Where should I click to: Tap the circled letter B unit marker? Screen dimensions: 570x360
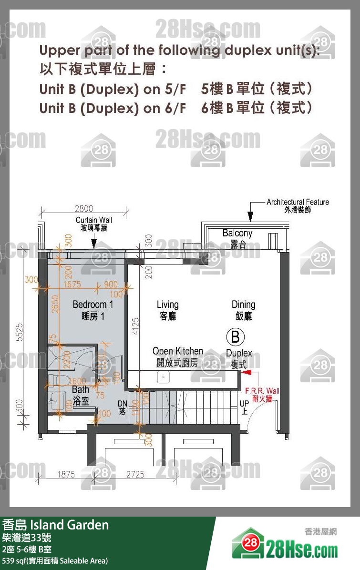pyautogui.click(x=235, y=337)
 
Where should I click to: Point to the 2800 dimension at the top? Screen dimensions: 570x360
pyautogui.click(x=84, y=208)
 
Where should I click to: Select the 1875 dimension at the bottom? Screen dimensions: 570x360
pyautogui.click(x=66, y=474)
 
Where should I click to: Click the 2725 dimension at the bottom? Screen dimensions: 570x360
pyautogui.click(x=135, y=474)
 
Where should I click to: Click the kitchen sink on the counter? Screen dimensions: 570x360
pyautogui.click(x=163, y=377)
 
